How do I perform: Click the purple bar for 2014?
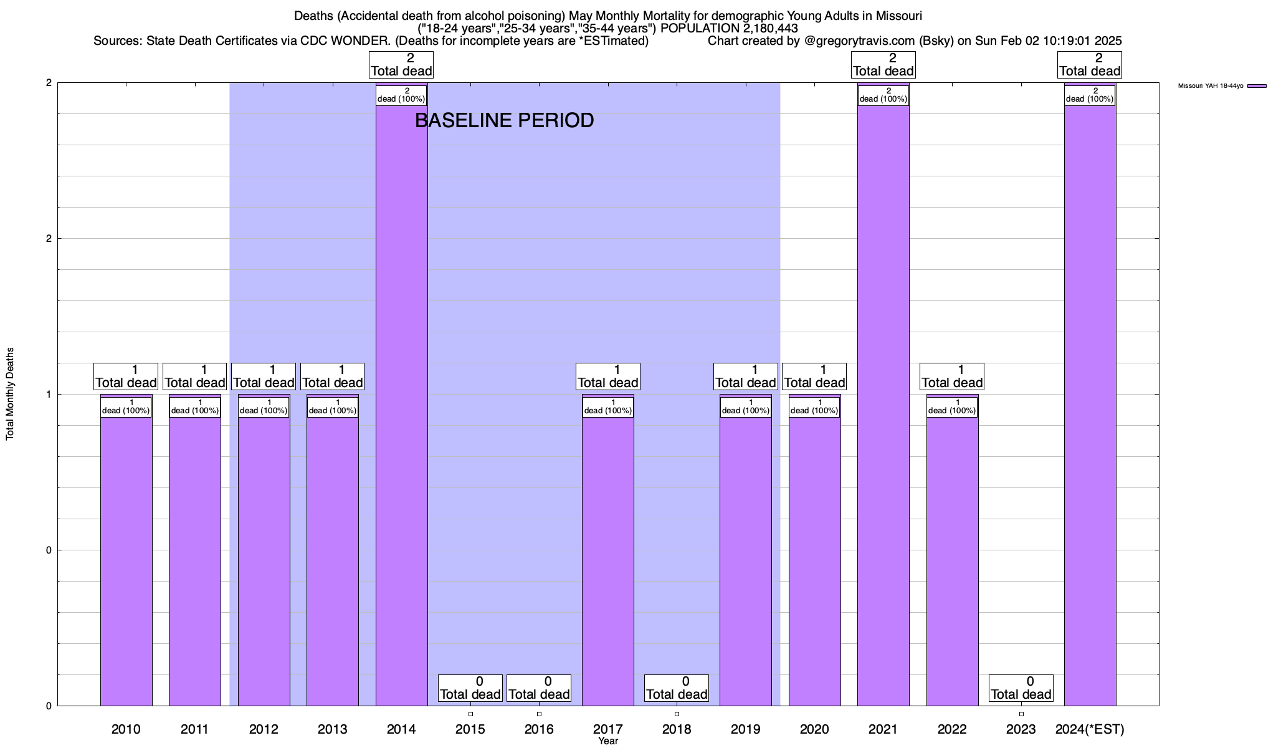[x=401, y=405]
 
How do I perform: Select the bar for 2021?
[x=883, y=405]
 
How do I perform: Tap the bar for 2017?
[x=607, y=561]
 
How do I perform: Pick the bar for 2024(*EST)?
[x=1090, y=405]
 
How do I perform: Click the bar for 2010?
[x=126, y=561]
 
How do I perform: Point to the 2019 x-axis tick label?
[x=745, y=729]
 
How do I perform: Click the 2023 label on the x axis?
[x=1021, y=729]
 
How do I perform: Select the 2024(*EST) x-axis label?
[x=1090, y=729]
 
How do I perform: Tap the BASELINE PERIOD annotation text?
[x=504, y=120]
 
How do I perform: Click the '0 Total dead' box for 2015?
[x=470, y=688]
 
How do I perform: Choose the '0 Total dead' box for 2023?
[x=1021, y=688]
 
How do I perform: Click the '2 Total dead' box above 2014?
[x=401, y=64]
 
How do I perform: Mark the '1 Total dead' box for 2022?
[x=952, y=376]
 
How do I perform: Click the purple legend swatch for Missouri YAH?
[x=1257, y=86]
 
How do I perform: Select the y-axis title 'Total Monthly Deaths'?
[x=10, y=394]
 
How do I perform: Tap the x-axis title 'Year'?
[x=607, y=741]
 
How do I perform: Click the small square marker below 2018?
[x=677, y=714]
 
